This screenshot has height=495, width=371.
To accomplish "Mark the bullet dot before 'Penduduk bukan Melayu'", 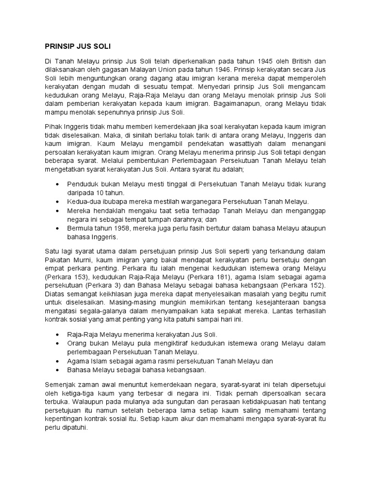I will pyautogui.click(x=58, y=185).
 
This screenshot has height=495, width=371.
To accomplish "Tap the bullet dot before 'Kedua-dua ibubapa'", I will pyautogui.click(x=58, y=201).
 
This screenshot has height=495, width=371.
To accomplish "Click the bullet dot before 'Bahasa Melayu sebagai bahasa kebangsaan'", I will pyautogui.click(x=58, y=370).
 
